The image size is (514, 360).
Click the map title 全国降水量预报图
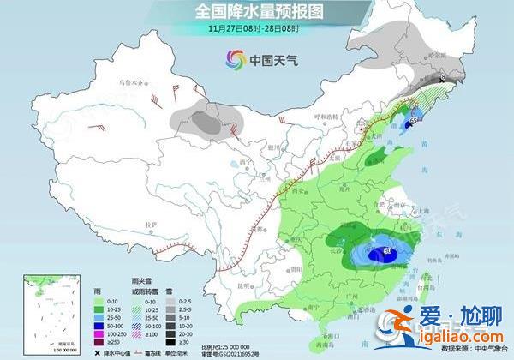[x=257, y=12]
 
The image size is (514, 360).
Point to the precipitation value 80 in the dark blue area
[x=387, y=251]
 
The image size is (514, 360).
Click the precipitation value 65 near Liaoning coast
[x=414, y=122]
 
